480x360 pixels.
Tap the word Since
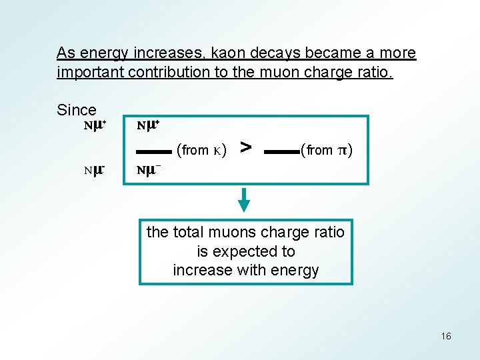pyautogui.click(x=77, y=110)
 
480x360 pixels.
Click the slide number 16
pyautogui.click(x=446, y=336)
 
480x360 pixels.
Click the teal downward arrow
pyautogui.click(x=245, y=199)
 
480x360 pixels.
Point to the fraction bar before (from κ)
pyautogui.click(x=153, y=152)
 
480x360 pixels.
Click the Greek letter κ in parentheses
pyautogui.click(x=219, y=150)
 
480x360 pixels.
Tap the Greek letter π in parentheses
pyautogui.click(x=341, y=150)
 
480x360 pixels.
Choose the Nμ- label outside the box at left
pyautogui.click(x=95, y=170)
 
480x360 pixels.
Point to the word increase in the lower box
pyautogui.click(x=201, y=270)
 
